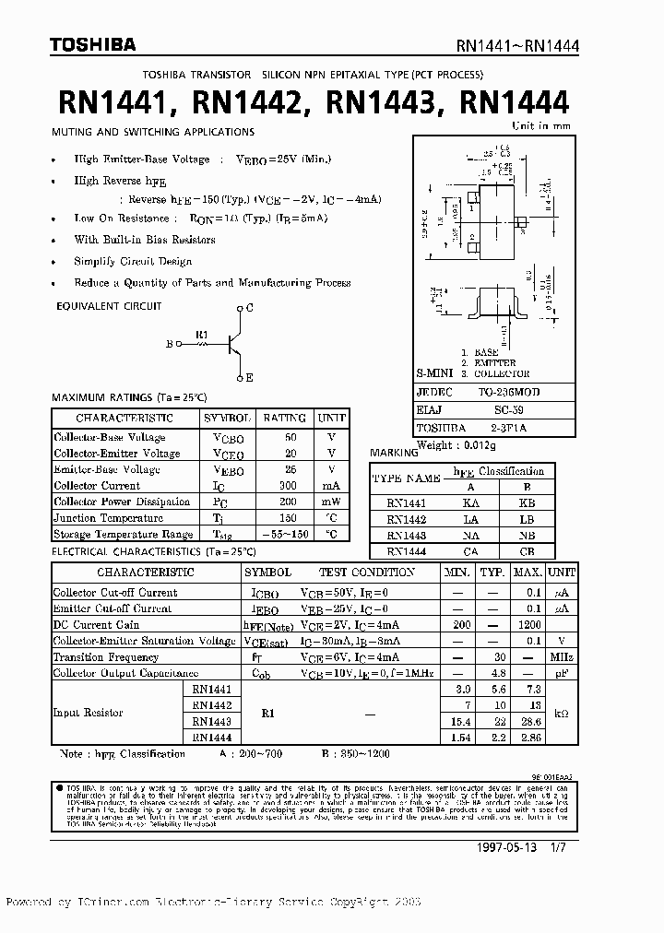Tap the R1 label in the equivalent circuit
[202, 335]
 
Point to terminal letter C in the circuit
[250, 307]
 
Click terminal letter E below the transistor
[250, 378]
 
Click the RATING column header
[284, 418]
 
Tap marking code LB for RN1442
[527, 518]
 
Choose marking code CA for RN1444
[470, 550]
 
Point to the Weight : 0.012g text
[456, 444]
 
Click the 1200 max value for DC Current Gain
[527, 624]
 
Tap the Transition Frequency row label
[105, 657]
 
